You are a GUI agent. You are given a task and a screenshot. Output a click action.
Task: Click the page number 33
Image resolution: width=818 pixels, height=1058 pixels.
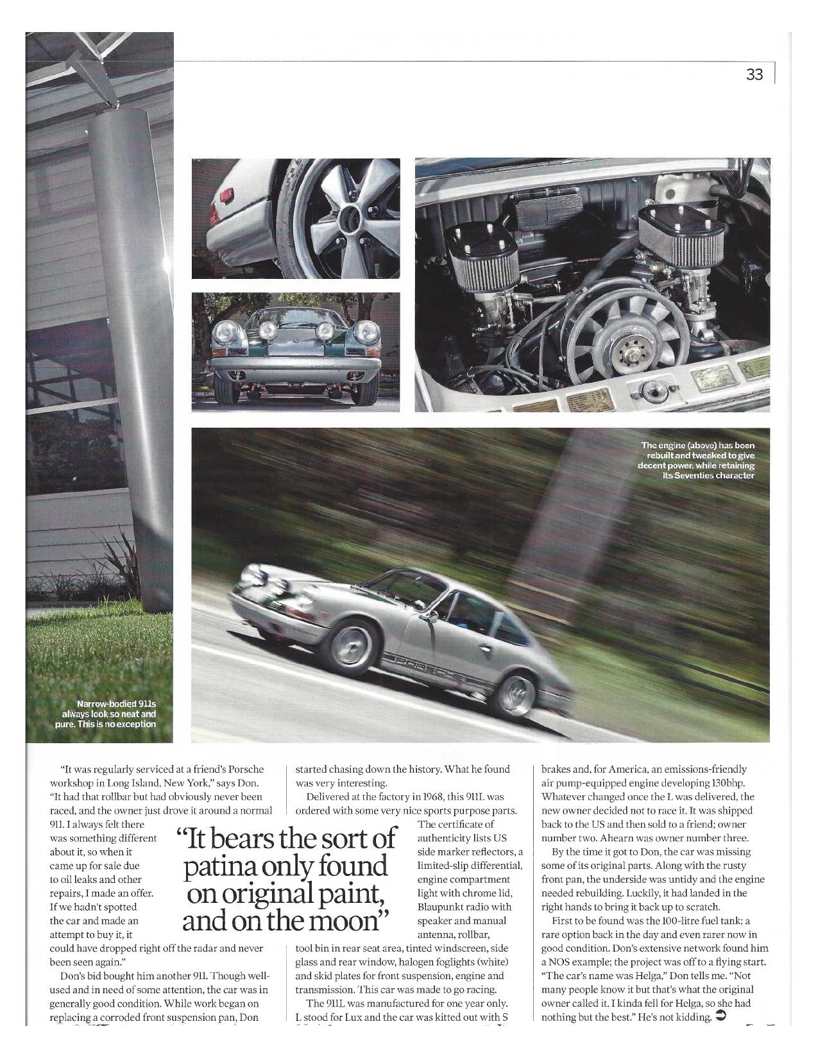754,75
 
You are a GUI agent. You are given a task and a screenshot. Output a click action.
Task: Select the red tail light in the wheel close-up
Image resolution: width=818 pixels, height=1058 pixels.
226,194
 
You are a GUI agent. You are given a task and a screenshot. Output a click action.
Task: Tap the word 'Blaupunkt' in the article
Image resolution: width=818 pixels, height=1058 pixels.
445,907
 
